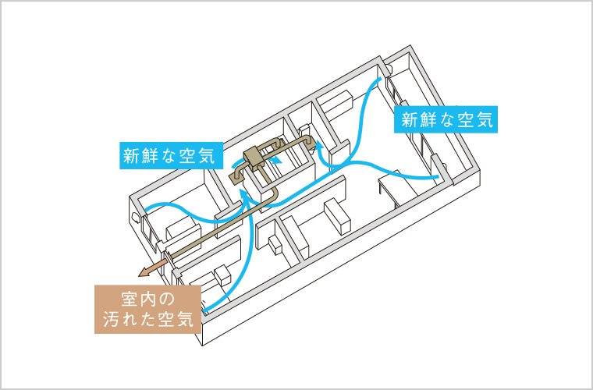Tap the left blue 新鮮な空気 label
[170, 154]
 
